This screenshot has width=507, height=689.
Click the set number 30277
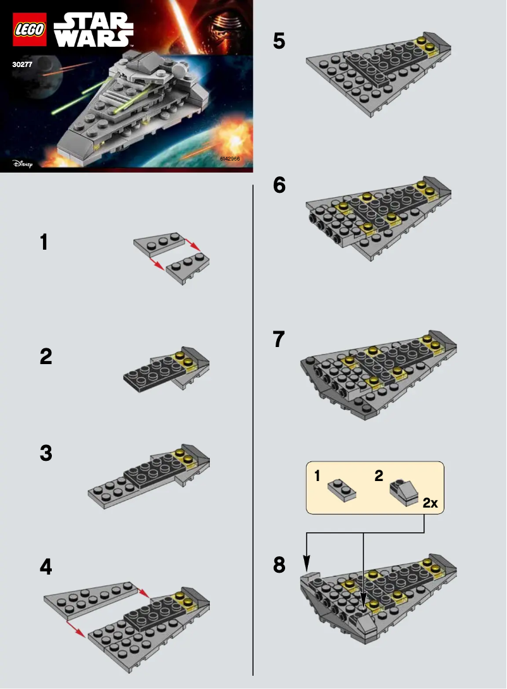click(x=23, y=63)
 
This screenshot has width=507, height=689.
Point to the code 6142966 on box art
click(x=230, y=159)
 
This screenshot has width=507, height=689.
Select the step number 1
click(x=44, y=242)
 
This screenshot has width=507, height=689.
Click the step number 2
click(x=46, y=357)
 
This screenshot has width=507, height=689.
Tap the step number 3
click(x=46, y=453)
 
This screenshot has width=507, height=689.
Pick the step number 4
click(x=46, y=567)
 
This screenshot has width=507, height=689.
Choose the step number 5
click(x=279, y=42)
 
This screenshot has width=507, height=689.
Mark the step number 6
click(x=279, y=186)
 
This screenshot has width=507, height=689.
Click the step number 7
click(x=279, y=339)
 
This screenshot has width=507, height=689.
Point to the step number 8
click(x=279, y=564)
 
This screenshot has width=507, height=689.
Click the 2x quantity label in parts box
click(x=430, y=503)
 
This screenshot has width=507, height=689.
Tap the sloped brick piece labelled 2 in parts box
click(x=403, y=488)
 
